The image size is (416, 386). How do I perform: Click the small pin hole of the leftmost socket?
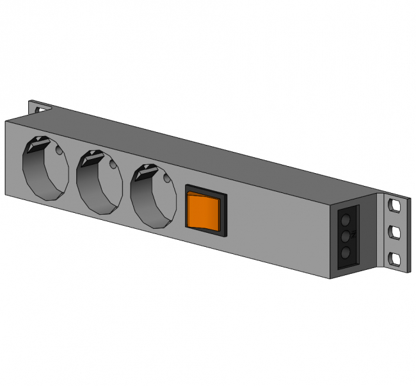pos(60,153)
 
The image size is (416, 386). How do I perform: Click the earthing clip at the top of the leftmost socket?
pos(36,145)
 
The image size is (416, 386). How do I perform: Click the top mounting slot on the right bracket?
pos(393,206)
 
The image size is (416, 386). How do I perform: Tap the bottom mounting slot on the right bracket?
pos(394,259)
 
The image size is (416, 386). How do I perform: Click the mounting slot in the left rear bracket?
pos(41,108)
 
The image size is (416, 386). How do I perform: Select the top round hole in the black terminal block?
pos(345,221)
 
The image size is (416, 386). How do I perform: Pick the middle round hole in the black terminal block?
pos(345,237)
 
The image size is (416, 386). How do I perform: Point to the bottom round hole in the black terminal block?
pos(345,253)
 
